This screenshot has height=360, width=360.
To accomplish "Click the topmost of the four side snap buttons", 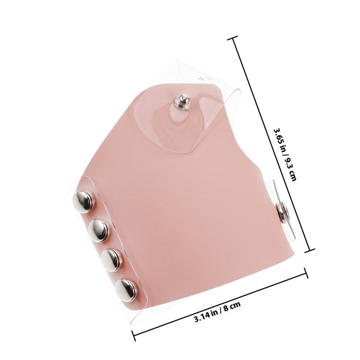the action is (x=84, y=202).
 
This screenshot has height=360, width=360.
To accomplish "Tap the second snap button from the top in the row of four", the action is (x=99, y=231).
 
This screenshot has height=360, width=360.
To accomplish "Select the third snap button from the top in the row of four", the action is (x=112, y=260).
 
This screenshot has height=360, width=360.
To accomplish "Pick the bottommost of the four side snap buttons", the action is (x=127, y=290).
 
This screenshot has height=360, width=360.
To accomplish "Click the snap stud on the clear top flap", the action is (x=182, y=102).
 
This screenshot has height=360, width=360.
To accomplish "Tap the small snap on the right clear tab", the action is (x=282, y=212).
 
